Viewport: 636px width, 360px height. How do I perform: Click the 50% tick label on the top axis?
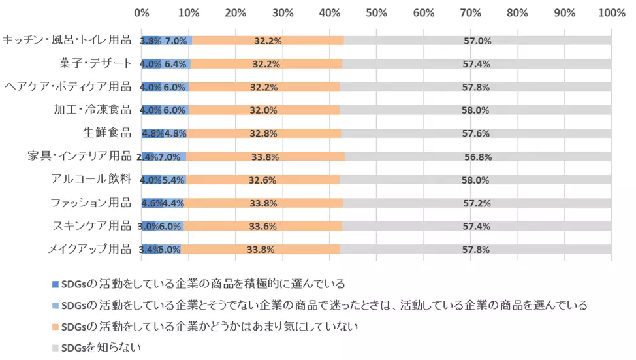(376, 12)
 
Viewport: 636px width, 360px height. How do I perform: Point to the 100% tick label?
(611, 12)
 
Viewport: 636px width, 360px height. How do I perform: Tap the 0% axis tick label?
(141, 12)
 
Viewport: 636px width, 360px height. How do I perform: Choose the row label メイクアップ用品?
(89, 249)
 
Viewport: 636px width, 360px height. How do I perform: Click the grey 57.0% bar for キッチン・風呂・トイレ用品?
(477, 41)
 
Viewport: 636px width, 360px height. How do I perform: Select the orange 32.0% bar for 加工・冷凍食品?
(264, 110)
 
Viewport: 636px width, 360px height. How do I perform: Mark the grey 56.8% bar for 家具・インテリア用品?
(477, 157)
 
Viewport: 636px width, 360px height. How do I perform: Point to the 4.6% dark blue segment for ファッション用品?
(151, 203)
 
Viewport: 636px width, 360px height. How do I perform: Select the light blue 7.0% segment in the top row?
(176, 41)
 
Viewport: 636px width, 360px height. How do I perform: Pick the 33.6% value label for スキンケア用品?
(263, 226)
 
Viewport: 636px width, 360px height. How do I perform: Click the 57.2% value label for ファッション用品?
(477, 203)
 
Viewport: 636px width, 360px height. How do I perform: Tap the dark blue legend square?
(55, 284)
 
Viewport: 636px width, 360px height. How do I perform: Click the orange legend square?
(55, 326)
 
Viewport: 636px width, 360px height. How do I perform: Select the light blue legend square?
(55, 305)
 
